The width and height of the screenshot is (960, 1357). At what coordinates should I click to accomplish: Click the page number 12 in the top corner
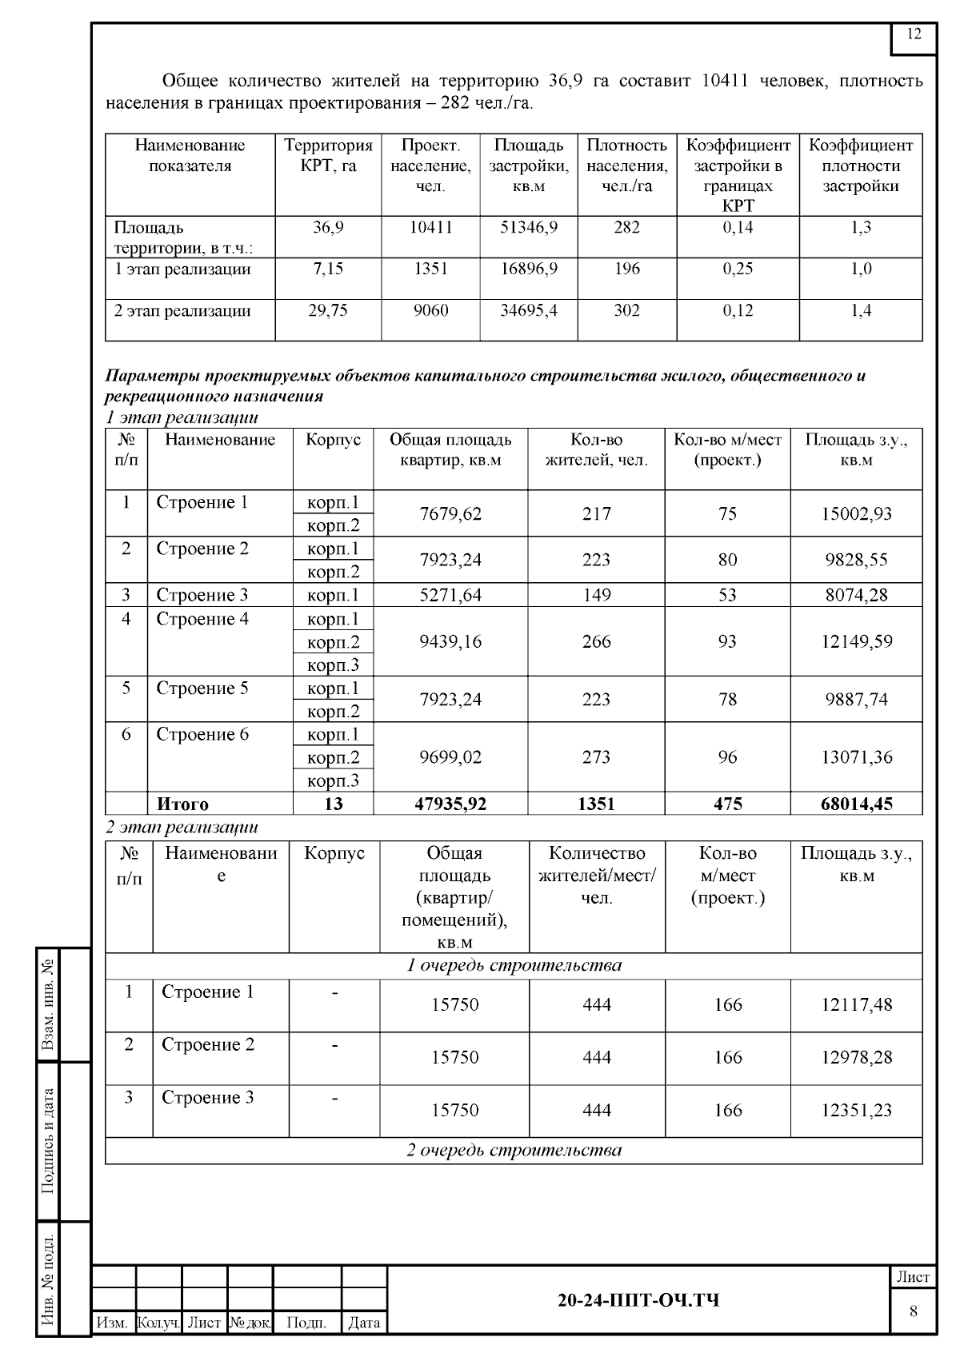(x=914, y=34)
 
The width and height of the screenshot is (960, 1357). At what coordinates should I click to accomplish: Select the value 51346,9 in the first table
(x=529, y=227)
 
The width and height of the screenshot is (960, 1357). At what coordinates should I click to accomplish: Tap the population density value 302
(x=626, y=310)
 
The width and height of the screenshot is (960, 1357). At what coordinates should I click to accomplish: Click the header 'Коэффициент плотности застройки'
(x=860, y=166)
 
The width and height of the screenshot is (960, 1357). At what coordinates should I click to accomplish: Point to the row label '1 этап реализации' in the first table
(x=183, y=269)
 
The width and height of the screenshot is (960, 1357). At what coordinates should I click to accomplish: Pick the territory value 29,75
(x=328, y=310)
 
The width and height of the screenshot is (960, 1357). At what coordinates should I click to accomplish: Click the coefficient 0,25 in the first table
(x=738, y=269)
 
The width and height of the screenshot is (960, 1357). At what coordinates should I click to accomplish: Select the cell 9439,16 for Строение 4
(x=450, y=641)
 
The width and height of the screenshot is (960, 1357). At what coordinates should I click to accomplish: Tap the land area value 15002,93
(x=856, y=513)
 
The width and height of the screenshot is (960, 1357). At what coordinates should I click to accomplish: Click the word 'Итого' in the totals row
(x=182, y=804)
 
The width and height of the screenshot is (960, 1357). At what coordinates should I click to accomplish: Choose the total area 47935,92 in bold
(x=450, y=804)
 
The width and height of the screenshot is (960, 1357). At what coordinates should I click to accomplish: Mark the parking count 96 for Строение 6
(x=727, y=756)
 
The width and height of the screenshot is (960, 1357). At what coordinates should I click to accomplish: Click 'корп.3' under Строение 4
(x=334, y=665)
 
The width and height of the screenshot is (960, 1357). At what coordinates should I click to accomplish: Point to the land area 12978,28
(x=856, y=1057)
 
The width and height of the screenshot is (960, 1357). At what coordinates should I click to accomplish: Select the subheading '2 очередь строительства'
(x=514, y=1151)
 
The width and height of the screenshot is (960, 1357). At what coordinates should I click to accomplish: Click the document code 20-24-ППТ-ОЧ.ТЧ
(x=638, y=1300)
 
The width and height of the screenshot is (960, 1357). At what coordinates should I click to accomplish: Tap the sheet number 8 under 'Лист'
(x=913, y=1311)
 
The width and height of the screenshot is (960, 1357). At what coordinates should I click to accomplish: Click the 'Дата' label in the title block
(x=364, y=1323)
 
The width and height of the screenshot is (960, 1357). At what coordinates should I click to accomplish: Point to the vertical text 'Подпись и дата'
(x=49, y=1140)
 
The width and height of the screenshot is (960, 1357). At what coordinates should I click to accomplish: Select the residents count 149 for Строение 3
(x=596, y=595)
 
